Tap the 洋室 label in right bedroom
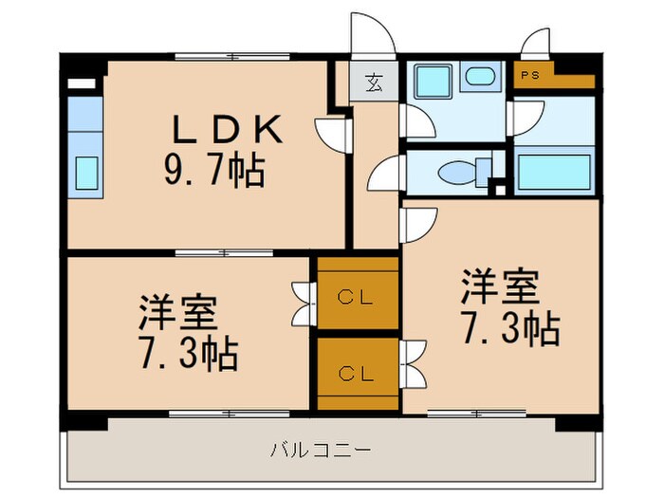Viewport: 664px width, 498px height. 500,285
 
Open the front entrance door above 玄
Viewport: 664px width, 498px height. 372,38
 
